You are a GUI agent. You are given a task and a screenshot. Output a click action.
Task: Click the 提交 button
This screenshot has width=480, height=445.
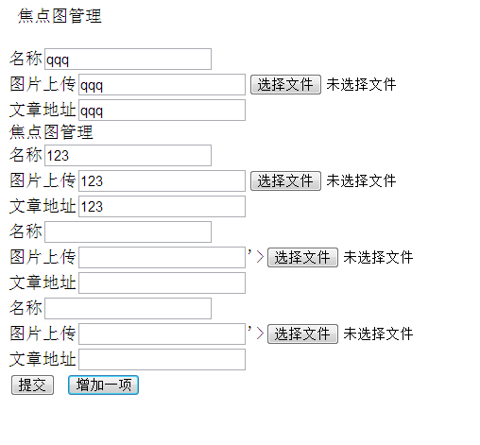click(x=32, y=385)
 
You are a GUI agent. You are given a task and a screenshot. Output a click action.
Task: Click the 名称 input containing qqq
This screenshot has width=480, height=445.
click(x=128, y=59)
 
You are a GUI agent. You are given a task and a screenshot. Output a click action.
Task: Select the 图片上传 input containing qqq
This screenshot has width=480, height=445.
click(x=162, y=84)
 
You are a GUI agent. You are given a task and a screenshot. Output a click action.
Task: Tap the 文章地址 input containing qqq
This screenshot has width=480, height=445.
click(x=162, y=110)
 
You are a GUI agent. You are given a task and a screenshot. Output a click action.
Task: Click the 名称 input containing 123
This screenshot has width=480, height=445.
click(x=128, y=155)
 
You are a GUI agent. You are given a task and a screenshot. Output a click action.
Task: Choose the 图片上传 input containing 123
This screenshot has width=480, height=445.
click(x=162, y=180)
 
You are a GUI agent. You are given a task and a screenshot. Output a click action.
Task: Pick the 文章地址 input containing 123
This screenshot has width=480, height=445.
click(x=162, y=206)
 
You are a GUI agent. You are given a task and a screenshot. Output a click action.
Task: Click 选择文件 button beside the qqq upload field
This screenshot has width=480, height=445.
click(x=285, y=84)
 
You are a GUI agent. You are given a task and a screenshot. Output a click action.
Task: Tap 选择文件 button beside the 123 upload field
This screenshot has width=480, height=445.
click(x=285, y=180)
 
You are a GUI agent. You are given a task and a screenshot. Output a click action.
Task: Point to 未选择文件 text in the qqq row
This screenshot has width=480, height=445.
click(x=361, y=84)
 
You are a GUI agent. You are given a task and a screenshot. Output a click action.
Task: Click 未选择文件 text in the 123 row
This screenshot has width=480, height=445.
click(x=361, y=180)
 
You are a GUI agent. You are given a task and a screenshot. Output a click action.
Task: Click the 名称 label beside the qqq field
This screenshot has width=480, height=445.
click(x=26, y=59)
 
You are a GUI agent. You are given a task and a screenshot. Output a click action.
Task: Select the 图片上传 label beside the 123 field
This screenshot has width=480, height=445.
click(x=43, y=180)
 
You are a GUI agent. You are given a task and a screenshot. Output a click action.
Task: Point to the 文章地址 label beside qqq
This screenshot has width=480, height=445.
click(x=43, y=110)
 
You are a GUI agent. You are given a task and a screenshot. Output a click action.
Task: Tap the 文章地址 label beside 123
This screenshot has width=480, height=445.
click(x=43, y=206)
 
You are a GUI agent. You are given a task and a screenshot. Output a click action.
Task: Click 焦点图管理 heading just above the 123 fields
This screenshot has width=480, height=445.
click(x=51, y=131)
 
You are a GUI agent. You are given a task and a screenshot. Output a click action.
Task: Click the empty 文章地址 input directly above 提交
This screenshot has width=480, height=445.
click(x=162, y=359)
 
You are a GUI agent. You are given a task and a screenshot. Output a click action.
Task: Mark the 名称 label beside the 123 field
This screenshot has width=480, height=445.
click(x=26, y=155)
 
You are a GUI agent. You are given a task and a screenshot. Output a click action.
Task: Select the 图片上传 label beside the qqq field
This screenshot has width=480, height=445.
click(x=43, y=84)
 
